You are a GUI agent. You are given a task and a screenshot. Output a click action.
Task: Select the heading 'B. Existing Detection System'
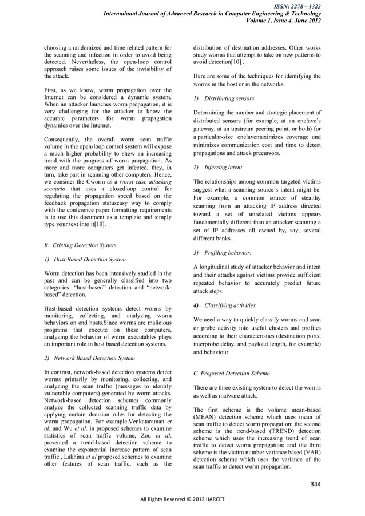coord(81,245)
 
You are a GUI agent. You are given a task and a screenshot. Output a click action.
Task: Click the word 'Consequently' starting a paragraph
coord(64,139)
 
